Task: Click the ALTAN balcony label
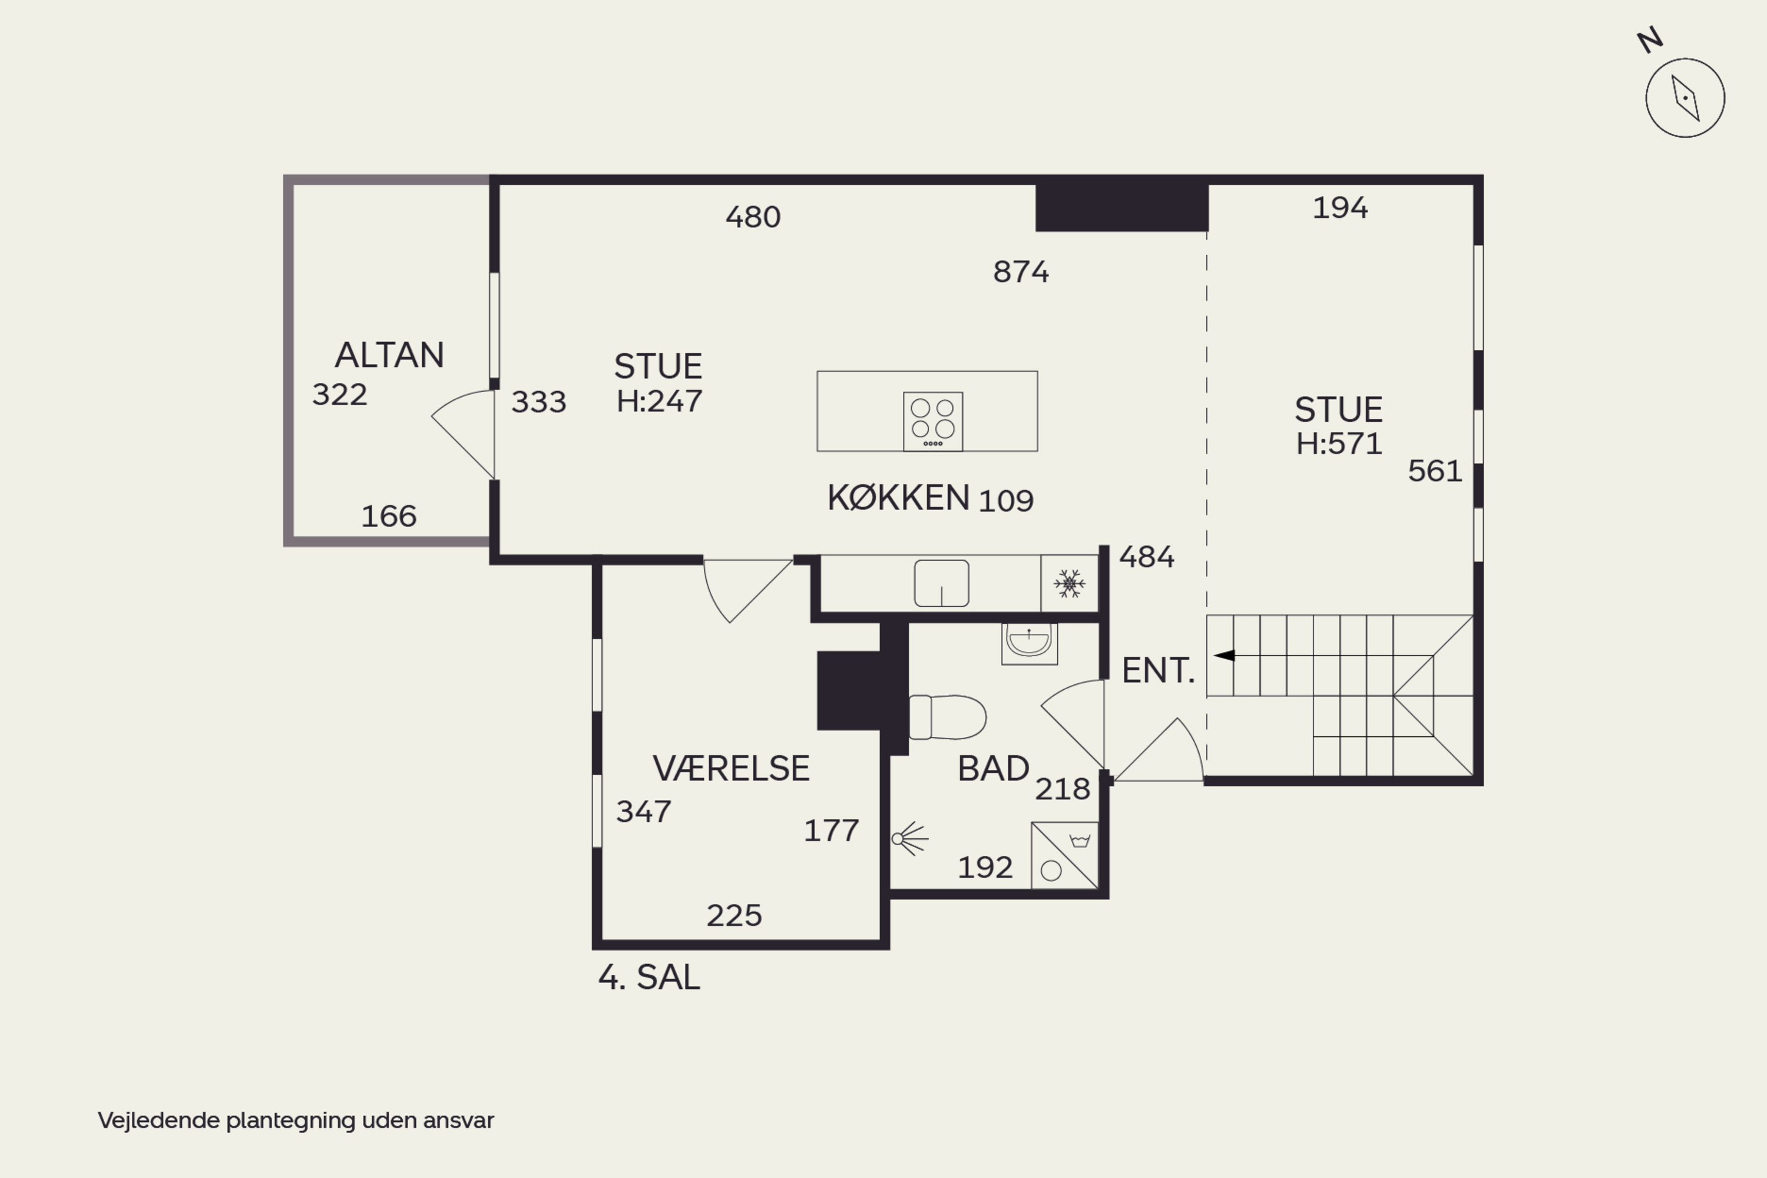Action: point(389,355)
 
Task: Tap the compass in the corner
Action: point(1685,98)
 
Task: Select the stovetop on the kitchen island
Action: point(933,422)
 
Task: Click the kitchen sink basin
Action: point(941,583)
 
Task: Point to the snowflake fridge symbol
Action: point(1069,584)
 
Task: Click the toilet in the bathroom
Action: point(947,717)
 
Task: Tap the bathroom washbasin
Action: point(1029,643)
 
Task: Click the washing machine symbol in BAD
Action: point(1064,856)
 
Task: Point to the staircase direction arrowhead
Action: point(1224,655)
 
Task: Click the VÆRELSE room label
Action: point(731,769)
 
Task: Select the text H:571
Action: point(1339,444)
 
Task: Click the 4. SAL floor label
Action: point(649,977)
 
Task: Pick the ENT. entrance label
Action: point(1158,670)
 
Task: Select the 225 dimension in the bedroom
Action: point(734,915)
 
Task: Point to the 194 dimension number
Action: point(1341,207)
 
